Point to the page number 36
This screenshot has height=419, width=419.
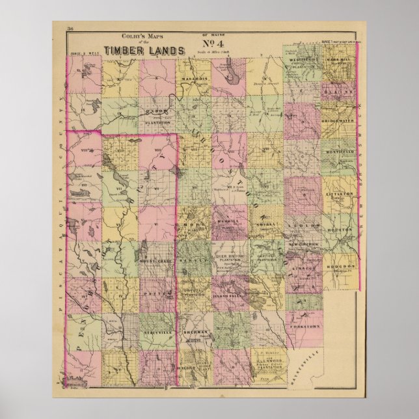pyautogui.click(x=71, y=29)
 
